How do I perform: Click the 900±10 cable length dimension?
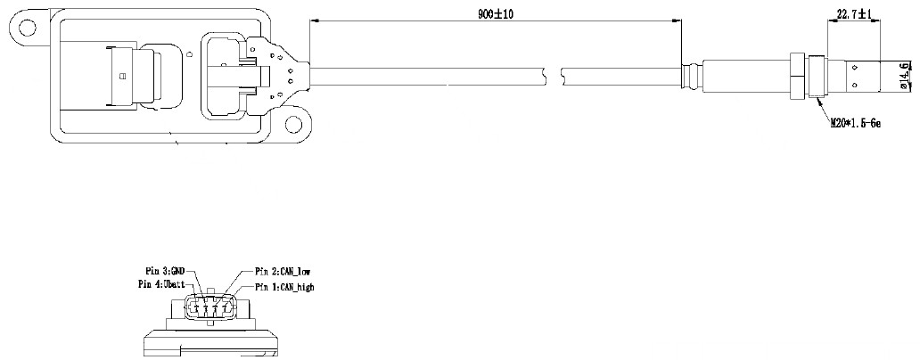pyautogui.click(x=496, y=14)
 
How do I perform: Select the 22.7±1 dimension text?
pyautogui.click(x=853, y=14)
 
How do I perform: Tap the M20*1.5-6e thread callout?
pyautogui.click(x=857, y=124)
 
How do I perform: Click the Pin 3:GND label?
pyautogui.click(x=165, y=270)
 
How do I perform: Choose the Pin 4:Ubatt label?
pyautogui.click(x=162, y=283)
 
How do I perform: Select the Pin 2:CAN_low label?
pyautogui.click(x=283, y=271)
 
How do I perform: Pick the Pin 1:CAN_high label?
pyautogui.click(x=284, y=287)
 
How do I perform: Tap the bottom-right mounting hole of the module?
pyautogui.click(x=293, y=124)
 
